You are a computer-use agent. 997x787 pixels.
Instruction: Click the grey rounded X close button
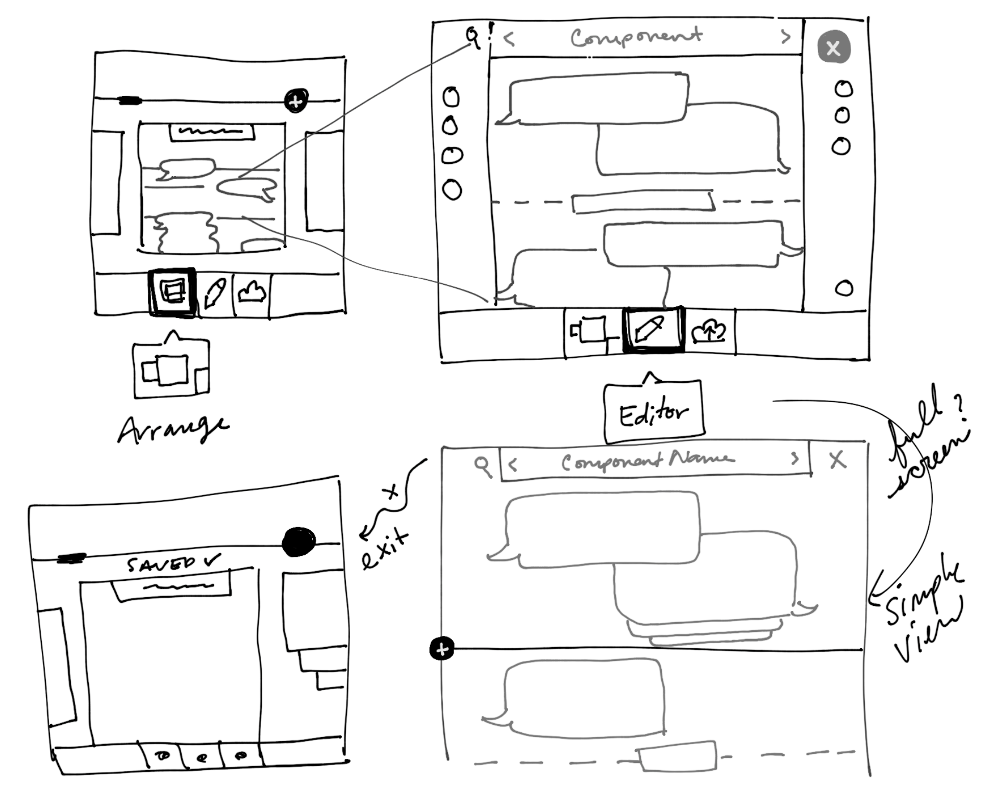pyautogui.click(x=834, y=47)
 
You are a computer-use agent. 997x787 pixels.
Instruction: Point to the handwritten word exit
pyautogui.click(x=385, y=549)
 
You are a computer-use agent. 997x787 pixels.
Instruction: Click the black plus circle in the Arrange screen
pyautogui.click(x=296, y=101)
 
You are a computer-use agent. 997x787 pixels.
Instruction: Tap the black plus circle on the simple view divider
pyautogui.click(x=442, y=649)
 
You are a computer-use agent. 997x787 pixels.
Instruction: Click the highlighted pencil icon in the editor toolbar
pyautogui.click(x=652, y=330)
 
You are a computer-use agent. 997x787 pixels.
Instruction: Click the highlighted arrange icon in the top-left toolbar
pyautogui.click(x=172, y=292)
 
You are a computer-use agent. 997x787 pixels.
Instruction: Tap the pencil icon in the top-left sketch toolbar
pyautogui.click(x=215, y=293)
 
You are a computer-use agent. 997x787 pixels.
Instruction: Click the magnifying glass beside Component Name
pyautogui.click(x=482, y=465)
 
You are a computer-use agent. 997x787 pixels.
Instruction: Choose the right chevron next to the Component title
pyautogui.click(x=786, y=36)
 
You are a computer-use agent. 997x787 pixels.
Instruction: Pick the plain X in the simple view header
pyautogui.click(x=837, y=460)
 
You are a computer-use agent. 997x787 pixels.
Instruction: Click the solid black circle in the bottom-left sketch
pyautogui.click(x=299, y=541)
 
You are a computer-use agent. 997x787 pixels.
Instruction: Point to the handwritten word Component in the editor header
pyautogui.click(x=636, y=37)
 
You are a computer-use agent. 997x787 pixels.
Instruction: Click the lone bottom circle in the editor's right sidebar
pyautogui.click(x=844, y=288)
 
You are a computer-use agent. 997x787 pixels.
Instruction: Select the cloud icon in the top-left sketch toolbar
pyautogui.click(x=252, y=292)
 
